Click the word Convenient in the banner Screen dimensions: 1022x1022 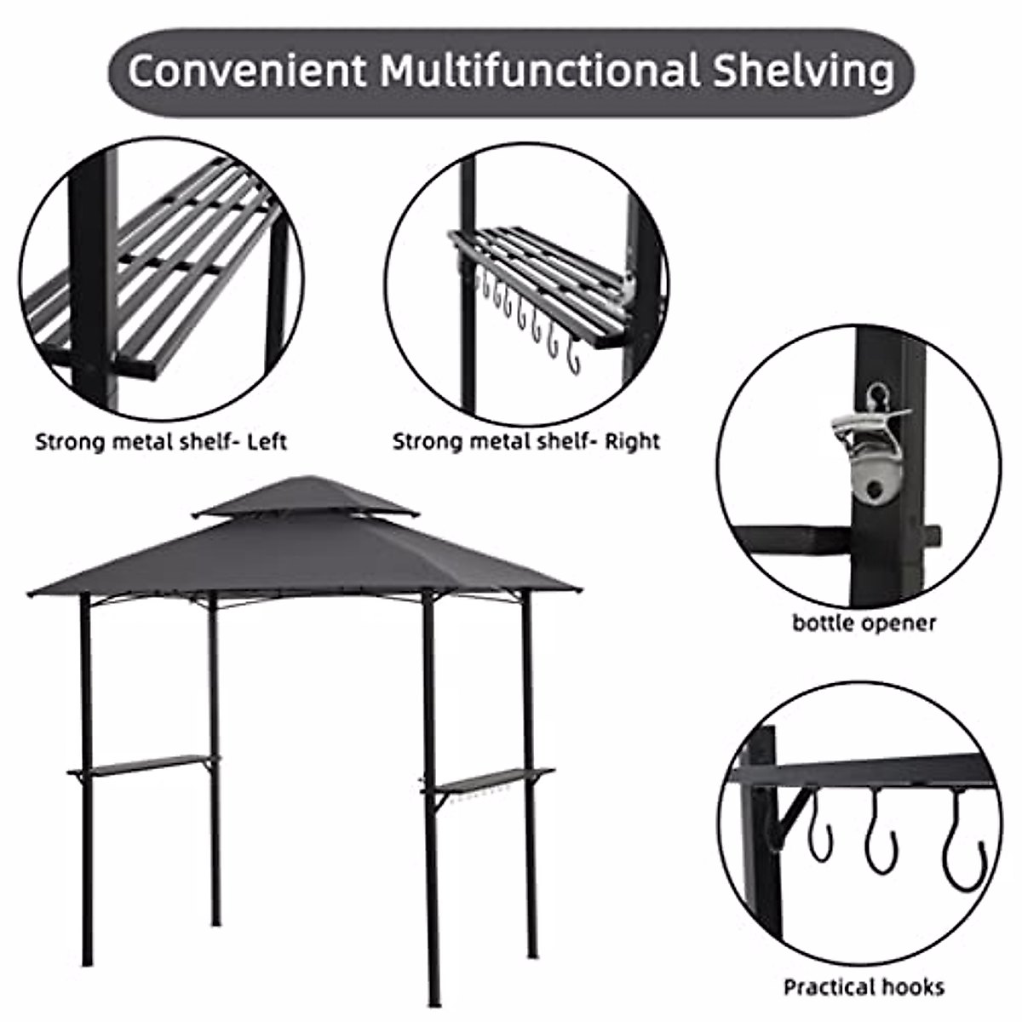pos(247,72)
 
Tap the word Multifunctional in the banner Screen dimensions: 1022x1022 pos(539,72)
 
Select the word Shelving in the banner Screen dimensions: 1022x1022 pos(802,72)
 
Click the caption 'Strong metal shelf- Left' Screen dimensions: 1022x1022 pos(160,442)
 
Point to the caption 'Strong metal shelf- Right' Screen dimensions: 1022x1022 pos(525,442)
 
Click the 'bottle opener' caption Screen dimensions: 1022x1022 pos(864,623)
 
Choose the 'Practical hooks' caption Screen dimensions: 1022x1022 pos(864,987)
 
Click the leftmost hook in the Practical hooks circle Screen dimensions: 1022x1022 pos(819,830)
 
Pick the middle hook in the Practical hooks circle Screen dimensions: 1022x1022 pos(881,839)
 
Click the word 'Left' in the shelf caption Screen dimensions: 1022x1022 pos(267,442)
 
